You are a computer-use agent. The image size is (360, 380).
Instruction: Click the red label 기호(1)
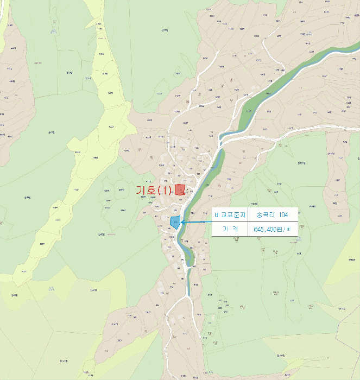(x=154, y=191)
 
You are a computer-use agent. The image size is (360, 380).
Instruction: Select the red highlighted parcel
(x=180, y=189)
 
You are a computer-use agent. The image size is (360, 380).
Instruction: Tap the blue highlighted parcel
(x=175, y=221)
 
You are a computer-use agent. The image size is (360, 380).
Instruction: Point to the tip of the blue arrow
(x=181, y=221)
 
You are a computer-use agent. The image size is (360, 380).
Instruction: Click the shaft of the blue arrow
(x=197, y=221)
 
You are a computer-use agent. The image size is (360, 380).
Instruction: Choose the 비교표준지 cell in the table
(x=230, y=215)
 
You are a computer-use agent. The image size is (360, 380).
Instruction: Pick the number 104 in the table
(x=282, y=215)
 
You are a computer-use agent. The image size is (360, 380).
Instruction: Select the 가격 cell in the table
(x=230, y=230)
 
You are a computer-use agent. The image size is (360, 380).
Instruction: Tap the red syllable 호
(x=151, y=191)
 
